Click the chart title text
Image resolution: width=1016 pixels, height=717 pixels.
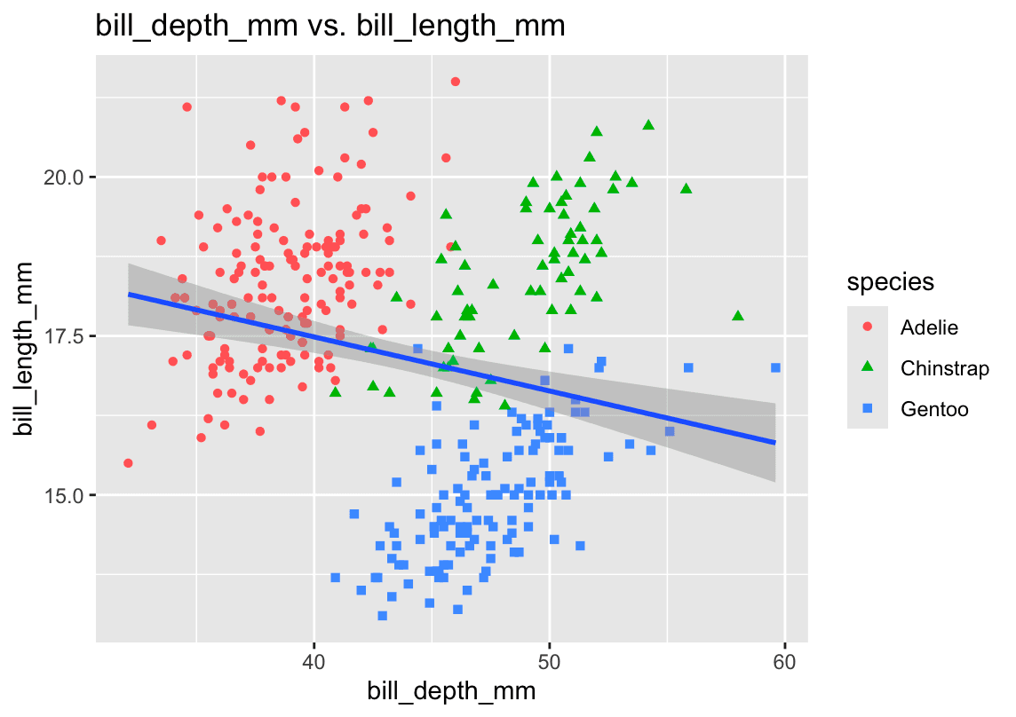click(330, 27)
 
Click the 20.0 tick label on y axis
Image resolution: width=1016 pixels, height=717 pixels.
click(65, 177)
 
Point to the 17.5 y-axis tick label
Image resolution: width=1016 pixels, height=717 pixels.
click(65, 336)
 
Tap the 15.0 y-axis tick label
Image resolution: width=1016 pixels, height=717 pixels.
click(65, 495)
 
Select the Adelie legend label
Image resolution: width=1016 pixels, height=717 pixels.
click(929, 327)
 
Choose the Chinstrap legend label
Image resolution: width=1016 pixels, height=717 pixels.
click(944, 367)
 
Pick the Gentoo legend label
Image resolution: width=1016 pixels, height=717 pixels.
click(933, 409)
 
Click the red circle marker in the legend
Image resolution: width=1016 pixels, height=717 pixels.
click(868, 327)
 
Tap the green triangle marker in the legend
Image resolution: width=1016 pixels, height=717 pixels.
click(868, 367)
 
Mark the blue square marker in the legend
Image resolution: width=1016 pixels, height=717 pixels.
click(868, 409)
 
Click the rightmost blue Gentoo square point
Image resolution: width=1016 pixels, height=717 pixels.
click(775, 367)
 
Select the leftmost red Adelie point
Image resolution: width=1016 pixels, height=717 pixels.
click(128, 463)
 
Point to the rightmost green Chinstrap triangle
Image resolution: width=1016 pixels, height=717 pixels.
click(738, 316)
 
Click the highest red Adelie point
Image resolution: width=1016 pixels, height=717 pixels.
click(455, 82)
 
